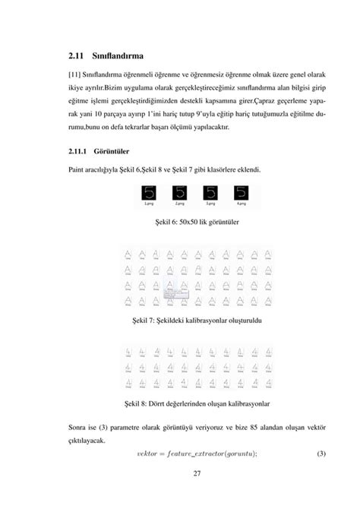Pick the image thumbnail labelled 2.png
180,194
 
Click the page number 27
197,475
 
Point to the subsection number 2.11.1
81,151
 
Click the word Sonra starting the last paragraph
79,428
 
